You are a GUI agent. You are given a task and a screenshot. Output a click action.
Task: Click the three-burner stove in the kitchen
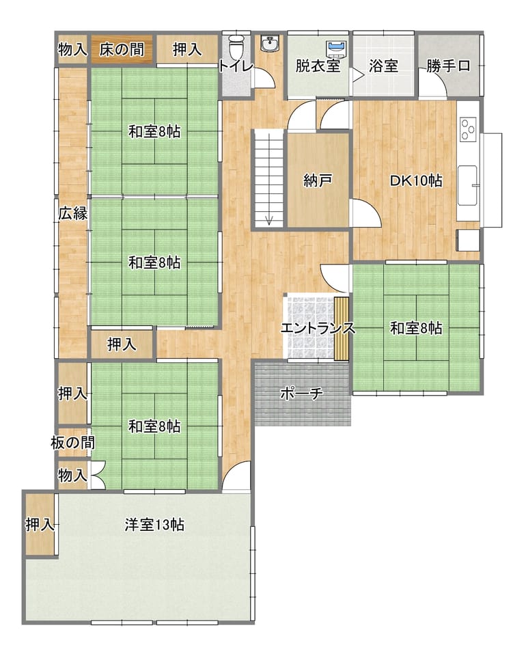pos(468,129)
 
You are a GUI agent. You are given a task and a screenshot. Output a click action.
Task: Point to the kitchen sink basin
pos(467,185)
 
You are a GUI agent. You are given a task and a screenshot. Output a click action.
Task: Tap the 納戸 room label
pos(318,180)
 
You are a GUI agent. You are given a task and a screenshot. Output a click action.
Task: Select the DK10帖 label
pos(416,180)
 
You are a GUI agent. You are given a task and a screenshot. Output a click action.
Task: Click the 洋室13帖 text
pos(154,524)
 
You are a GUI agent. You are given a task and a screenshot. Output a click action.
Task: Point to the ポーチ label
pos(301,394)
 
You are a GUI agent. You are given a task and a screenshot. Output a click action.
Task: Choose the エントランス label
pos(318,328)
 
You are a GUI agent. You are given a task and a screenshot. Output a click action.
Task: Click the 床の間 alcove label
pos(122,49)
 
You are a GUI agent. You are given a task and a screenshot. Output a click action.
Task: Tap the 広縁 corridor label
pos(73,213)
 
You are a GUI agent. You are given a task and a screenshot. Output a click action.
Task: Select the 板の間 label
pos(73,442)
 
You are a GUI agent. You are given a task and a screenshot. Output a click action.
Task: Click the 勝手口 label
pos(448,66)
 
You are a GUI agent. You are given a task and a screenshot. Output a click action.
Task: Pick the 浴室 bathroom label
pos(383,66)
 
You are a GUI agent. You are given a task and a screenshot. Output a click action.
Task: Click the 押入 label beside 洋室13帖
pos(40,524)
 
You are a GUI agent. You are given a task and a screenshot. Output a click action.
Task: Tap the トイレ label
pos(236,66)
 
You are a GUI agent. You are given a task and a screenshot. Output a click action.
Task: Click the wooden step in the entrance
pos(341,329)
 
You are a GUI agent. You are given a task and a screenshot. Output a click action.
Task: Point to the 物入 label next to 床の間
pos(73,49)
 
